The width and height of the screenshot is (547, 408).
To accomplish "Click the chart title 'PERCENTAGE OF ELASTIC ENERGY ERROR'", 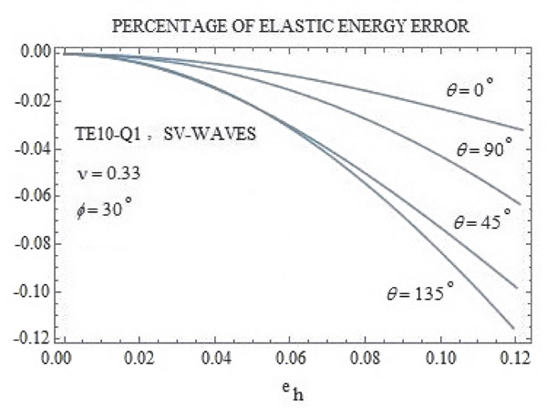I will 289,27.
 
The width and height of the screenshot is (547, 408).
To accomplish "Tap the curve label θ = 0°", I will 463,89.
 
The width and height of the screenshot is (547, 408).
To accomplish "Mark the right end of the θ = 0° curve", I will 522,129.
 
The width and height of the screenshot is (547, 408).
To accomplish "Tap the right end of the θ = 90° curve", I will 519,204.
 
